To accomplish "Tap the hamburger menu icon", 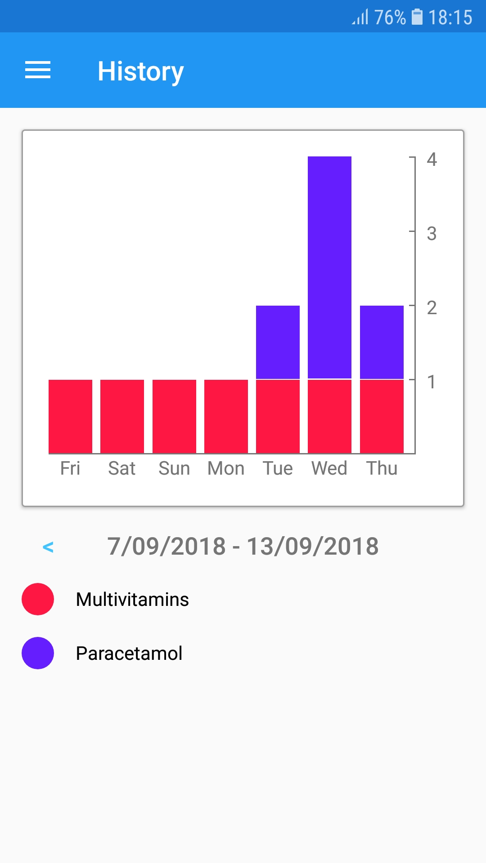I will coord(38,71).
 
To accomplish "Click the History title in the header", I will coord(140,71).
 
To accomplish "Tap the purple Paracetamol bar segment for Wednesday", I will coord(329,267).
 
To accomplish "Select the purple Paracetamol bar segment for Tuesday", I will coord(278,342).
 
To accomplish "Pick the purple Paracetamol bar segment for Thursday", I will coord(382,342).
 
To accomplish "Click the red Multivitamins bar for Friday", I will coord(70,416).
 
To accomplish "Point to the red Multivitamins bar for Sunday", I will coord(174,416).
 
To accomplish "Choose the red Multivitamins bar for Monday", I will coord(226,416).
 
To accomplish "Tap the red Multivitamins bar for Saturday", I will coord(122,416).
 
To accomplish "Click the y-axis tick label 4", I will coord(432,160).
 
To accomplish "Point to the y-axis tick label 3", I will coord(432,234).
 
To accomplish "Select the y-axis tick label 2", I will coord(432,308).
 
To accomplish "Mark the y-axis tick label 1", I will coord(432,382).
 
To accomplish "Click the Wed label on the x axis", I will coord(329,468).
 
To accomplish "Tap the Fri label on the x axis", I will coord(70,468).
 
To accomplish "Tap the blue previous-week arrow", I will coord(48,547).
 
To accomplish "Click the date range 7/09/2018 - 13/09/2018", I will coord(243,547).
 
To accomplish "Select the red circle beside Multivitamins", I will coord(38,599).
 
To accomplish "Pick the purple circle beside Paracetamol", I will coord(38,653).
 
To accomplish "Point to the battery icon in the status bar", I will coord(417,17).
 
